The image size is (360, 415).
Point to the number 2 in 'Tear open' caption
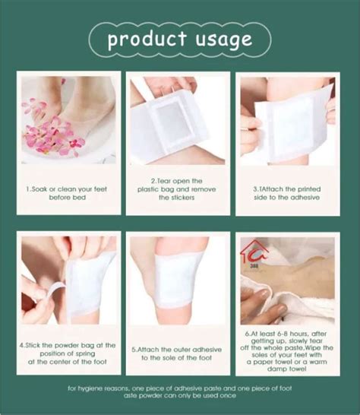pos(140,181)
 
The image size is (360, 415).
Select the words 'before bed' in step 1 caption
pos(70,197)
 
